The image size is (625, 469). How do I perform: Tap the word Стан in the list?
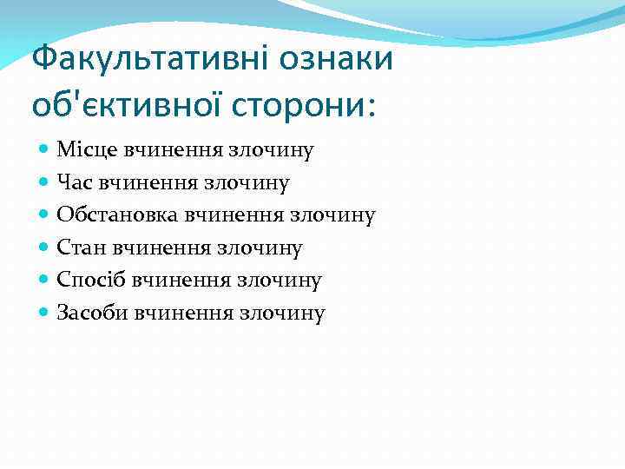[x=78, y=248]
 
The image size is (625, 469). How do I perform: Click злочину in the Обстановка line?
[x=337, y=215]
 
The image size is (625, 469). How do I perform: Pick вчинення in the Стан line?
[x=146, y=248]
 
